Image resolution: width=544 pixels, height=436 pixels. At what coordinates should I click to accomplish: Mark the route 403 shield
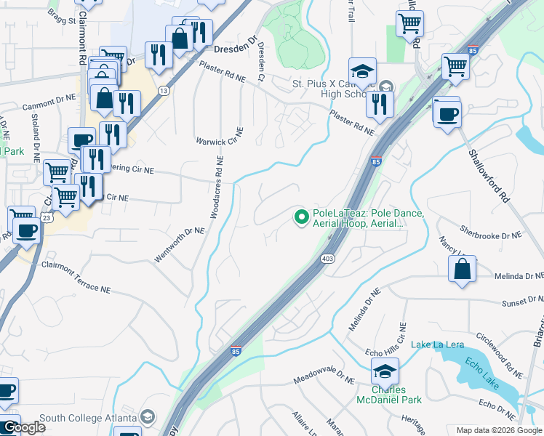327,259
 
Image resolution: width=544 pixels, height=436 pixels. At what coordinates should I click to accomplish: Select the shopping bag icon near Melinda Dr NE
462,270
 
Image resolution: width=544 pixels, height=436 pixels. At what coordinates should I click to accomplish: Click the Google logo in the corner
23,427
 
